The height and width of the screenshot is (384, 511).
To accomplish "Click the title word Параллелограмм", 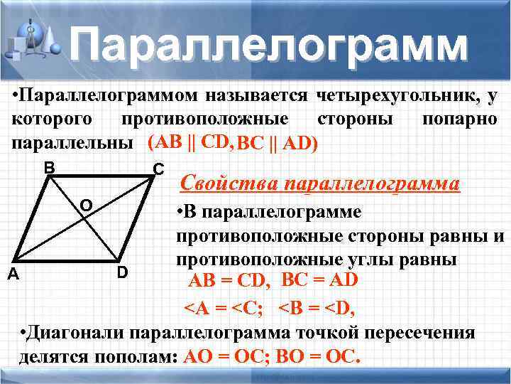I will pos(270,44).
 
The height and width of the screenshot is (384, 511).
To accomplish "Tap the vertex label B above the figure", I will pos(48,168).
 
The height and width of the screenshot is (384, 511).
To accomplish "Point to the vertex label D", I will pos(122,272).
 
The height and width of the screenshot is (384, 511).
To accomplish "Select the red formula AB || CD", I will pos(190,143).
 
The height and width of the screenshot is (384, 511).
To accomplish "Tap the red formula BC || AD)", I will pos(278,144).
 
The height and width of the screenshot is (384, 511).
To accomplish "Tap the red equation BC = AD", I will pos(320,280).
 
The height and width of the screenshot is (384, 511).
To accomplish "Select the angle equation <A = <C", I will pos(226,308).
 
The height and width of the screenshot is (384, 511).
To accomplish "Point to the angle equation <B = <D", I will pos(317,308).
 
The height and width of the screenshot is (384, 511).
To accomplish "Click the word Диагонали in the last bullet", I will pos(77,334).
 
